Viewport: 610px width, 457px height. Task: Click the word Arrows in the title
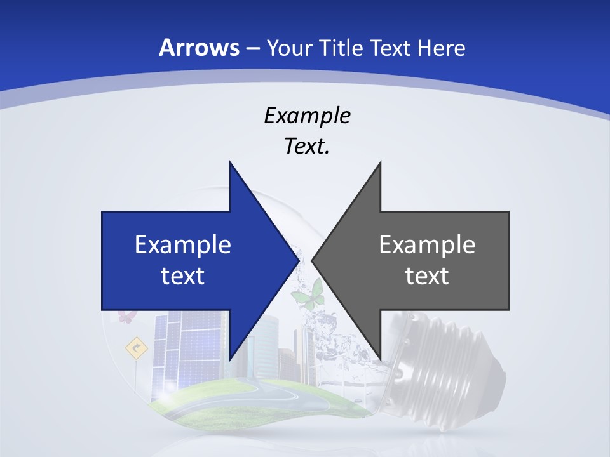(199, 48)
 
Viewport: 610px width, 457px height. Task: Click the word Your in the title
(289, 48)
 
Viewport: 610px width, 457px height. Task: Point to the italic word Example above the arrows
(307, 116)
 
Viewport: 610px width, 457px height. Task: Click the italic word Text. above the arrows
(307, 147)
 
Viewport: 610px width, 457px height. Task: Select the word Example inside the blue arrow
(183, 244)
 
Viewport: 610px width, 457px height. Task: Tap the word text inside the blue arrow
(183, 275)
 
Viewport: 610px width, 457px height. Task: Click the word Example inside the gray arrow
(427, 244)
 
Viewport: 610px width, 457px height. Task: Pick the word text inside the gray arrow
(427, 275)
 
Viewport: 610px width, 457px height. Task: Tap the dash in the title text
(252, 49)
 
